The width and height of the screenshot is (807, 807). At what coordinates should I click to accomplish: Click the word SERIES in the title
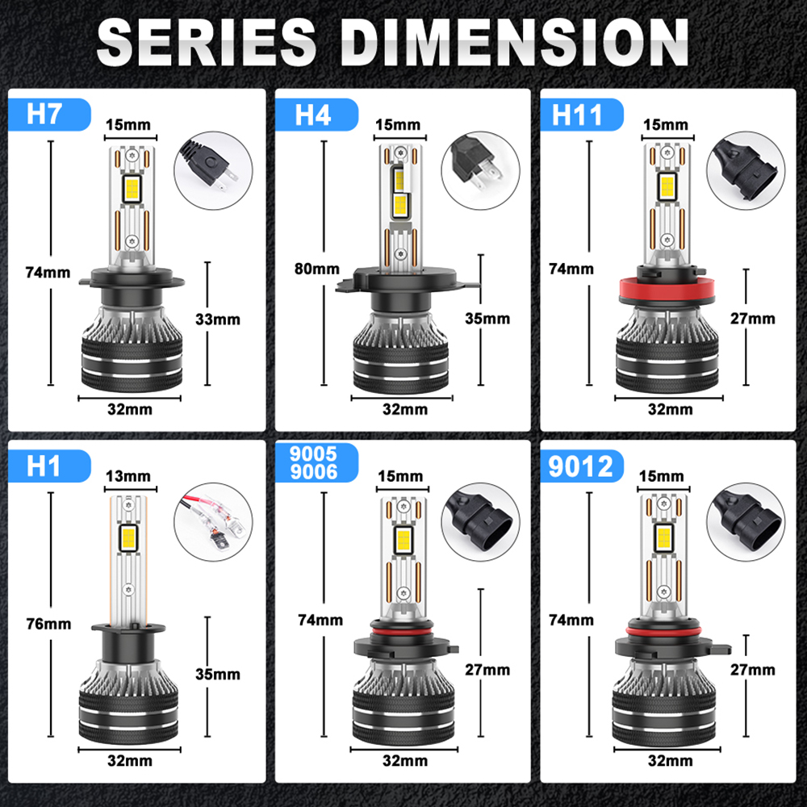[207, 42]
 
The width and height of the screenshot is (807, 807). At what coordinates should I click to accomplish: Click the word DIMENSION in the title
[515, 42]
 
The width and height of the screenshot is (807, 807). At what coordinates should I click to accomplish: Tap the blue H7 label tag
[49, 115]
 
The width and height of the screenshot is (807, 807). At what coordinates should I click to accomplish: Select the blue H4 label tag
[316, 115]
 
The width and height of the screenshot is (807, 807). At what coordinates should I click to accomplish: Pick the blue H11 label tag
[582, 115]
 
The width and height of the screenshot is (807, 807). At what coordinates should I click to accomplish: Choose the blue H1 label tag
[49, 466]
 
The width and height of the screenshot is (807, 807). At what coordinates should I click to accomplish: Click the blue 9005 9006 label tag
[316, 462]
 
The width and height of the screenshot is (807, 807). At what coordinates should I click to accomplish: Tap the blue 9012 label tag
[582, 466]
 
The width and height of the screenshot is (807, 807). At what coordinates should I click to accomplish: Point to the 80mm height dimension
[316, 269]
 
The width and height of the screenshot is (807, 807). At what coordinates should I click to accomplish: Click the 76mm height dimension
[48, 624]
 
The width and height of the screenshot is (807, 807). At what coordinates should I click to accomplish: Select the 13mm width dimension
[128, 476]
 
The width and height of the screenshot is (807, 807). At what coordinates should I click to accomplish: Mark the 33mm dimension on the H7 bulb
[218, 319]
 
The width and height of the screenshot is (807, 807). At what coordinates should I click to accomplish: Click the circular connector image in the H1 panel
[213, 522]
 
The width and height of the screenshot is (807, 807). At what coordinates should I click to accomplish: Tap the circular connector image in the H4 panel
[480, 170]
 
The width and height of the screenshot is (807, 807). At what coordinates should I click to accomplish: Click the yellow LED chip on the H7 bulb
[132, 188]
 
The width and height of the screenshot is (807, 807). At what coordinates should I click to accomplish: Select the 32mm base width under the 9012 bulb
[670, 760]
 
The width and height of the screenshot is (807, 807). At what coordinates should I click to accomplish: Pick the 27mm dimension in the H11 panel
[752, 319]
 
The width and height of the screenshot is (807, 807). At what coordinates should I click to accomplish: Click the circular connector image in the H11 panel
[746, 170]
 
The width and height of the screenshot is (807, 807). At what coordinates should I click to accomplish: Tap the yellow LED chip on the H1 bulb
[128, 538]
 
